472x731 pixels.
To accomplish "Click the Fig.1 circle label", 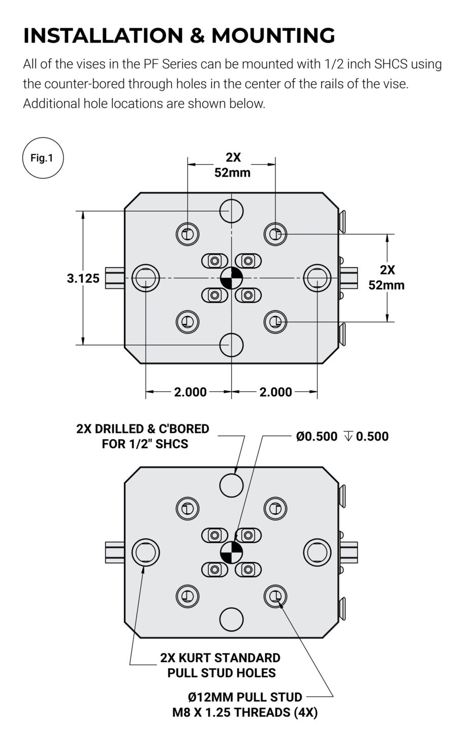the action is (43, 158).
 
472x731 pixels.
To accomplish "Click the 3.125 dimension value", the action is (83, 278).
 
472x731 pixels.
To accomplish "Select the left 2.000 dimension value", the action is (191, 392).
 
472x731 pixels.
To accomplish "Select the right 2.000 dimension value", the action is (276, 392).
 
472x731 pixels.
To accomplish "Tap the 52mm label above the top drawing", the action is (232, 173).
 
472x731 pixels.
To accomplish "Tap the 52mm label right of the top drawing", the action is (387, 285).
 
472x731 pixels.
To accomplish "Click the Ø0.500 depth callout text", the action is (342, 437).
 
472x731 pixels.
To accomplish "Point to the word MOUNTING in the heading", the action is (273, 35).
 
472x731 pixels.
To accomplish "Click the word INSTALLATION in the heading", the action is (104, 35).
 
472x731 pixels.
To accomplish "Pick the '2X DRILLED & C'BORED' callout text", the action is (143, 429).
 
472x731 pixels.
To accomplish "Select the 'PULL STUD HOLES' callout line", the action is (222, 673).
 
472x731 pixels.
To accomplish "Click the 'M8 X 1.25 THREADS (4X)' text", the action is (245, 712).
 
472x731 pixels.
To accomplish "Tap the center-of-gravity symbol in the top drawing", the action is (231, 278).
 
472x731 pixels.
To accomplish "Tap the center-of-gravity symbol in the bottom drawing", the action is (231, 553).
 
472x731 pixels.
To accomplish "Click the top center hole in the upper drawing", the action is (231, 211).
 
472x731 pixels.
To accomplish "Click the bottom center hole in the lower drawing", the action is (231, 620).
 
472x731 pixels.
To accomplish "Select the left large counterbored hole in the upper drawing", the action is (146, 278).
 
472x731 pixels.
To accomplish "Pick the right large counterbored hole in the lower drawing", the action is (317, 553).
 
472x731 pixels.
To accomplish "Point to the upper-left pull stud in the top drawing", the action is (187, 234).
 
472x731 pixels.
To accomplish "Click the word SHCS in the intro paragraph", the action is (391, 64).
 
